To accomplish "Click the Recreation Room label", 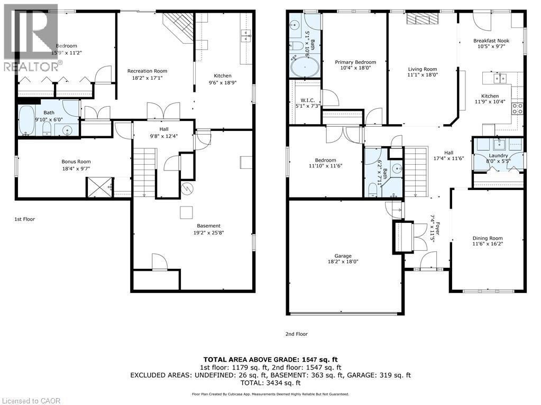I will [x=147, y=71].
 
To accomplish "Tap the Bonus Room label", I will [x=76, y=162].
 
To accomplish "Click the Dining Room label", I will [x=488, y=238].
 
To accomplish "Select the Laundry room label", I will [x=498, y=156].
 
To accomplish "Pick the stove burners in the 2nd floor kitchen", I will [x=518, y=109].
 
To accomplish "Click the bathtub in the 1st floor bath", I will [x=26, y=122].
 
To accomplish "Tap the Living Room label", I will [x=423, y=69].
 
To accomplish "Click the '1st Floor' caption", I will [x=25, y=219].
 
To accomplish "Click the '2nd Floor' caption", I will [x=296, y=334].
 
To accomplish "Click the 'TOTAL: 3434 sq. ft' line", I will [x=271, y=383].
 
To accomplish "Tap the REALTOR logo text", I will [x=32, y=67].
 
